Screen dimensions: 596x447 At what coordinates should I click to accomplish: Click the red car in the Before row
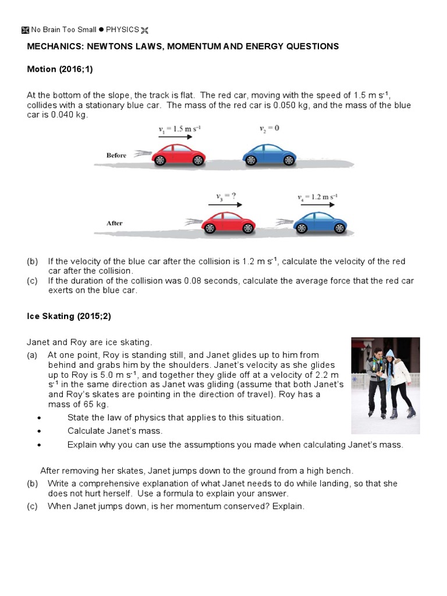coord(178,155)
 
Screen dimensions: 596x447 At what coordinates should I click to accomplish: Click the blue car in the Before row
coord(269,155)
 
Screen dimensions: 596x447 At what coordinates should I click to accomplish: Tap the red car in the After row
coord(228,222)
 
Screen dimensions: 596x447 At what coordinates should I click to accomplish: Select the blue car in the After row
coord(320,222)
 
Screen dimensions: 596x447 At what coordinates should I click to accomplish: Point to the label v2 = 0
coord(269,127)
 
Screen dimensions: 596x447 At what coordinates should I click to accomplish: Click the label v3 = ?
coord(224,197)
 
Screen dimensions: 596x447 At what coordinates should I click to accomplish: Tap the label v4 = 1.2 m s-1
coord(317,197)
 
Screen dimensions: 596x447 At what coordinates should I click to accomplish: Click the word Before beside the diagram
coord(116,155)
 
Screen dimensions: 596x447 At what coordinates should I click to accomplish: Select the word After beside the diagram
coord(115,223)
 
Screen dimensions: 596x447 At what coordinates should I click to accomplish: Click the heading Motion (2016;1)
coord(60,69)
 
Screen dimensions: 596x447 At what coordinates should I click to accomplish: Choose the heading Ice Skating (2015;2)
coord(68,316)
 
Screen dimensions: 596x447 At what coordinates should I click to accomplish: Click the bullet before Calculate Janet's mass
coord(39,431)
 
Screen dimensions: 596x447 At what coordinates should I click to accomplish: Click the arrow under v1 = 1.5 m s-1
coord(175,137)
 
